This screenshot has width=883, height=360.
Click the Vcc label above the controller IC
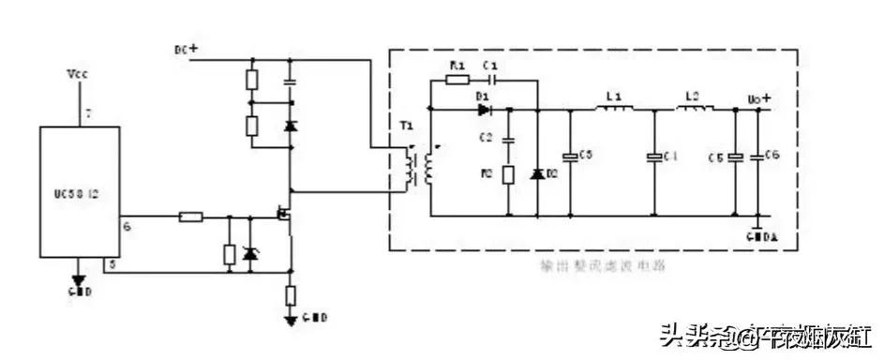pos(79,72)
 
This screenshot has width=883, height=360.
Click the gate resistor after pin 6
pos(190,217)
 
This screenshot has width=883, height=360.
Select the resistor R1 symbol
pos(457,82)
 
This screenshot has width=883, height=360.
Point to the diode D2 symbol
pos(538,174)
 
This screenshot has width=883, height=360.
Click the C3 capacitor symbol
pos(568,156)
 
